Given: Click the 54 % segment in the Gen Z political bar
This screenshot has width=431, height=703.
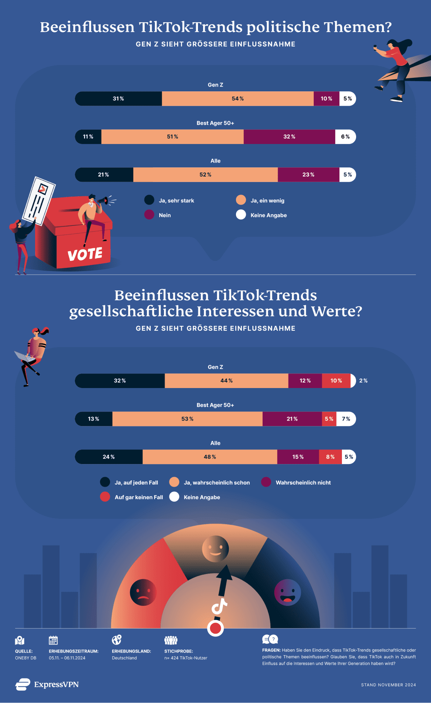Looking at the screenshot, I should [237, 99].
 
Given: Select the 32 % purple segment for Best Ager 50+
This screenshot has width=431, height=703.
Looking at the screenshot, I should [289, 137].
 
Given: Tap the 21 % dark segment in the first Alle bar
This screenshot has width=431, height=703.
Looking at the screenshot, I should [104, 175].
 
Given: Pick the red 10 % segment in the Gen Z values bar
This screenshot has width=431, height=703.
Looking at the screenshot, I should [336, 381].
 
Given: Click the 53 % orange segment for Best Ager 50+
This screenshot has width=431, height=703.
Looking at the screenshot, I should [187, 419].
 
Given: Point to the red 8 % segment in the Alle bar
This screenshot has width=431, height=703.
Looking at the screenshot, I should [330, 457].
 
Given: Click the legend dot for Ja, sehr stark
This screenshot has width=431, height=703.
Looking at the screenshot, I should [149, 200].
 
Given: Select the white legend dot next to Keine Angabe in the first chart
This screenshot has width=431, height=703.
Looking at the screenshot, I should [241, 215].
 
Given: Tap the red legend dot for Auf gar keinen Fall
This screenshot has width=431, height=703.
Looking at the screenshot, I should [105, 497].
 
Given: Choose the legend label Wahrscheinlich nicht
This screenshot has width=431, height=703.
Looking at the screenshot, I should [303, 483].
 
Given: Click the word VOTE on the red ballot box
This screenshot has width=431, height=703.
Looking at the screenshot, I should [85, 254].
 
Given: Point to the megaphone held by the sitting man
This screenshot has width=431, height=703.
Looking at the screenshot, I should [103, 201].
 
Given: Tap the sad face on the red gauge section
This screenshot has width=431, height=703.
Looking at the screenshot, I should [143, 592].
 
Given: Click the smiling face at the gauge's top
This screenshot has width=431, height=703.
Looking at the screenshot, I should [215, 549].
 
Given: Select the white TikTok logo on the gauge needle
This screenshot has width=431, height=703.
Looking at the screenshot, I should [219, 607].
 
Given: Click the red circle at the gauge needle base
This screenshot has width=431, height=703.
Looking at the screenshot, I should [215, 628].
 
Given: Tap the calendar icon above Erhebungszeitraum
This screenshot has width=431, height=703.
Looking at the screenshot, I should [53, 640].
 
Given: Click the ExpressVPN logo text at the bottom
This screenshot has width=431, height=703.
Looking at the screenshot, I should [56, 684].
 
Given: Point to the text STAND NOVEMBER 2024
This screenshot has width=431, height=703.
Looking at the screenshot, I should [388, 685].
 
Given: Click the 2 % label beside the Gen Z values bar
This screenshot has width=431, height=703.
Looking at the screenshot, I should [363, 381].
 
